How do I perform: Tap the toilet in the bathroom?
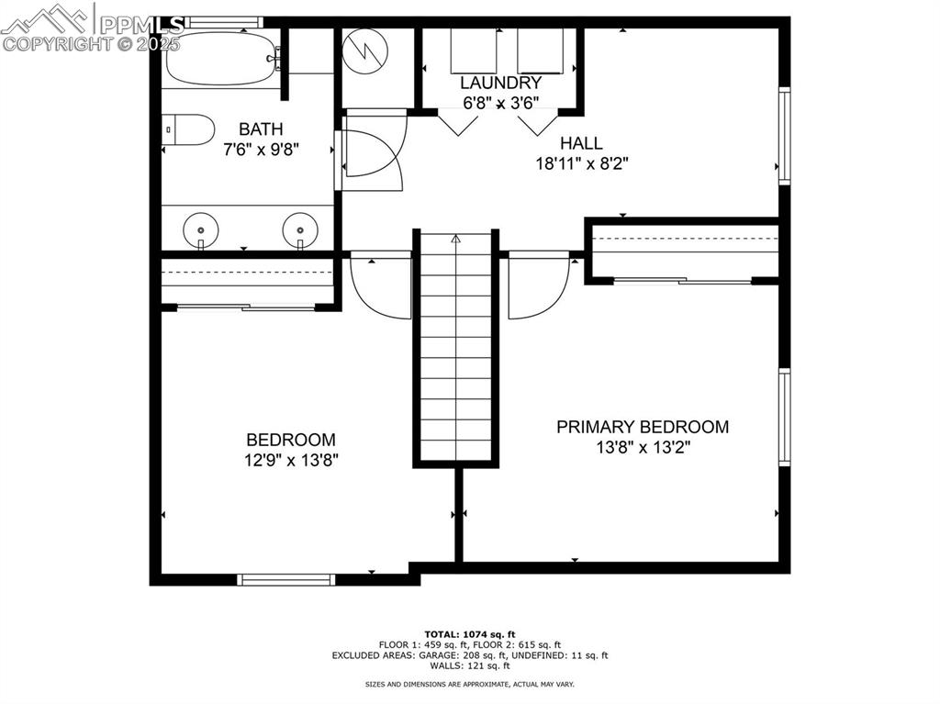(x=189, y=130)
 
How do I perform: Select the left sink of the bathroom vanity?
(x=200, y=227)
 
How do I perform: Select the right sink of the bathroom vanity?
(x=300, y=227)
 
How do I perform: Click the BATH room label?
(x=261, y=129)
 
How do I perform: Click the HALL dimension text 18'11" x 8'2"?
(x=581, y=163)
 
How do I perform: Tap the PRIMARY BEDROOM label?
(x=643, y=427)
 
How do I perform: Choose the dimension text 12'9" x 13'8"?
(x=290, y=460)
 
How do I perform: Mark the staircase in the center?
(x=456, y=349)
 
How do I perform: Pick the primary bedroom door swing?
(x=538, y=285)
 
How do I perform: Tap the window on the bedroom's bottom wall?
(x=285, y=579)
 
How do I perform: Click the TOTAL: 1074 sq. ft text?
(x=469, y=634)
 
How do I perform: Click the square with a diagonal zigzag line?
(x=365, y=51)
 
